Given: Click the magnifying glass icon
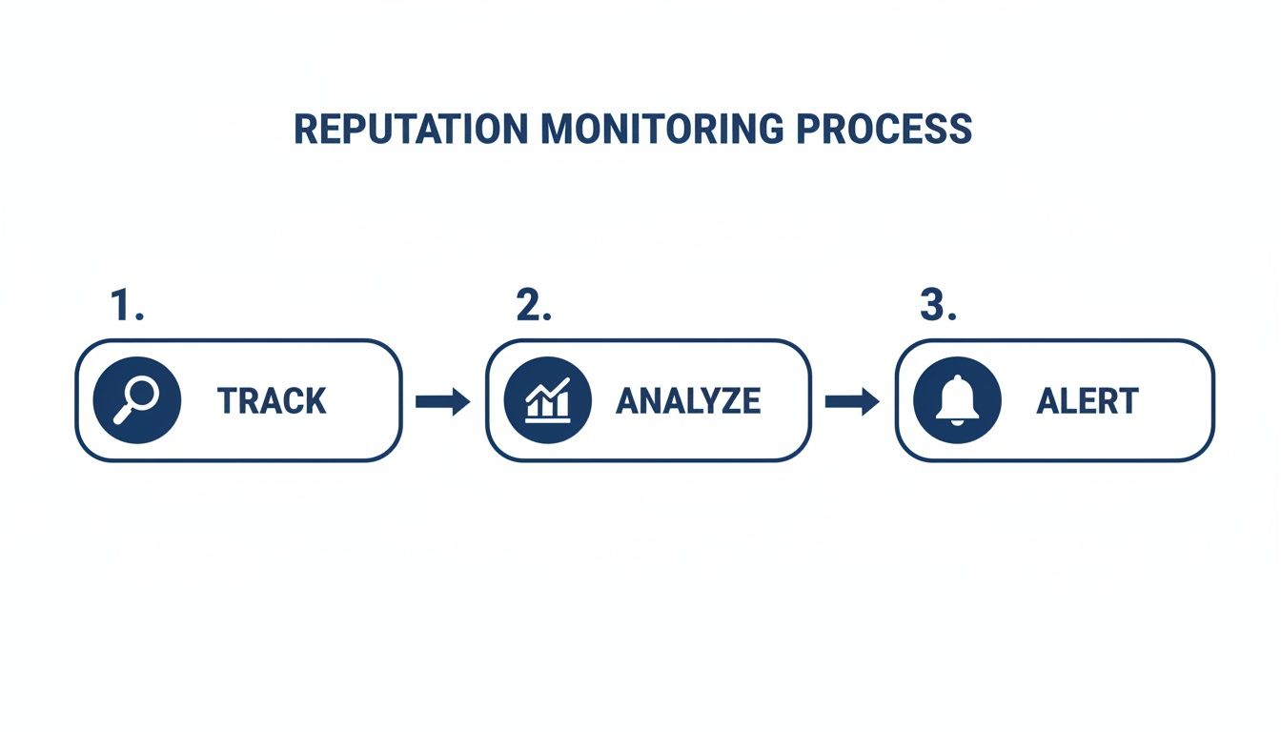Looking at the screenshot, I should pyautogui.click(x=137, y=400).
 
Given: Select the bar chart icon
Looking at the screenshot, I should pyautogui.click(x=547, y=400).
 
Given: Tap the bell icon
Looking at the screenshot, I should pyautogui.click(x=956, y=400).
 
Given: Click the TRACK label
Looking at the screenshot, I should pyautogui.click(x=272, y=401).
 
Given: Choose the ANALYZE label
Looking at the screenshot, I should pyautogui.click(x=688, y=401).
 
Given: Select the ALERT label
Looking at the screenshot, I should pyautogui.click(x=1087, y=401).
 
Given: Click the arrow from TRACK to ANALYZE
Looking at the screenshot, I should pyautogui.click(x=443, y=402).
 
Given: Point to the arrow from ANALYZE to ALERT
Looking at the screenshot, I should pyautogui.click(x=852, y=402).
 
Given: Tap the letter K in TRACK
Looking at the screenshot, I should pyautogui.click(x=315, y=401).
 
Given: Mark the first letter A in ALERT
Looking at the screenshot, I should pyautogui.click(x=1048, y=401).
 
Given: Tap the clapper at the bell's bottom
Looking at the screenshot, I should pyautogui.click(x=956, y=420).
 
